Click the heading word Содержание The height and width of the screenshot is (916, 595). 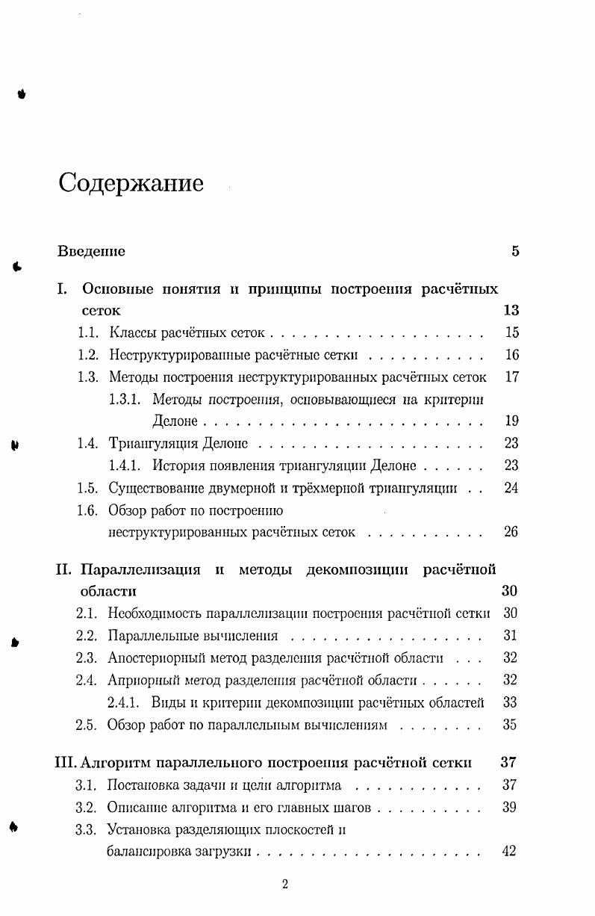(x=131, y=182)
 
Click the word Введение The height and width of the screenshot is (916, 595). (x=91, y=251)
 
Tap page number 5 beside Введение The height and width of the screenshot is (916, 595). (x=515, y=251)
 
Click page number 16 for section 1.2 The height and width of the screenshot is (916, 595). (x=511, y=355)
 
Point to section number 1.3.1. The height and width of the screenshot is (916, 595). (x=125, y=399)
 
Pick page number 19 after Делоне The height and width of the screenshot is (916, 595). (x=511, y=421)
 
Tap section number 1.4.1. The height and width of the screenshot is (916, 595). (x=125, y=465)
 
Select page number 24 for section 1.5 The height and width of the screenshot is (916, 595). (x=511, y=488)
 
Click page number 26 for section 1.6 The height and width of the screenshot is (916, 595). (x=511, y=532)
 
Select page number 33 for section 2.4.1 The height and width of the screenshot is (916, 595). (x=511, y=702)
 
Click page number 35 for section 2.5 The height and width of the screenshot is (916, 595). (x=511, y=724)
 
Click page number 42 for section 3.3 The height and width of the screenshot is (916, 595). (x=509, y=850)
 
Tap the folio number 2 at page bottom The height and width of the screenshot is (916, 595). (x=284, y=885)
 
